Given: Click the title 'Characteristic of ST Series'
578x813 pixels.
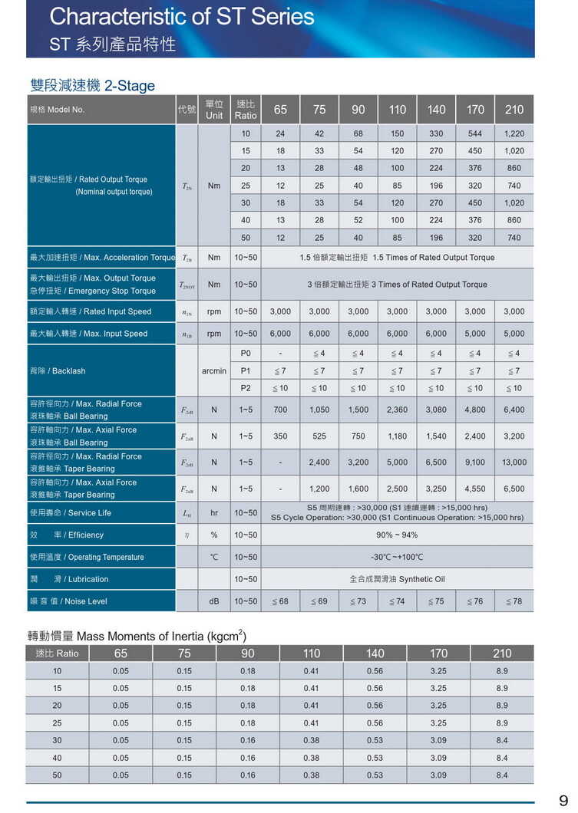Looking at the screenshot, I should (182, 17).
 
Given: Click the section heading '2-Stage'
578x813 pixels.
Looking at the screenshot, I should (130, 86).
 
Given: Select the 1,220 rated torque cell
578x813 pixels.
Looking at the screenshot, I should (514, 133).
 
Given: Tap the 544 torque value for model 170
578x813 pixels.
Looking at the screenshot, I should (475, 133).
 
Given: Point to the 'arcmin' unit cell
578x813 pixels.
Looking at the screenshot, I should (214, 371).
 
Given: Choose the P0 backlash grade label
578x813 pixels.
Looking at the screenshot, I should (246, 354).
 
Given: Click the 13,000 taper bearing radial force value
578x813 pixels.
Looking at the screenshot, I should (514, 462).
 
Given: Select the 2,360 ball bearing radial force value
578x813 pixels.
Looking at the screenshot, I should (397, 410).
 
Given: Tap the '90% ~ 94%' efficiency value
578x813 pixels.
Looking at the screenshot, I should (397, 535).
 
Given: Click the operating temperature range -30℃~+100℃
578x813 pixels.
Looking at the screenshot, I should (397, 558).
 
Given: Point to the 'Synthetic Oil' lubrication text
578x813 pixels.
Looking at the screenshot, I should (421, 580).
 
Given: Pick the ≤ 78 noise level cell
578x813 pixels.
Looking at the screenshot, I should (514, 602).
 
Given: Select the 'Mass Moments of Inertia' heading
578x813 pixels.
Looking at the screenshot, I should (154, 637).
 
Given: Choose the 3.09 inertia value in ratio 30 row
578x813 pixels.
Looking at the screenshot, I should (438, 741).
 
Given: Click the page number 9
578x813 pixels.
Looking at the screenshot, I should (563, 801).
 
